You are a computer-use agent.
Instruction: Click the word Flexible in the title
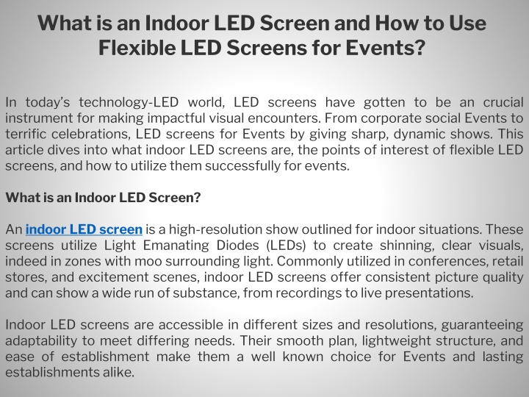click(137, 48)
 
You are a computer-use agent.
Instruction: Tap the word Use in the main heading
click(467, 23)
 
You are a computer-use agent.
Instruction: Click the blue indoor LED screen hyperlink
click(84, 229)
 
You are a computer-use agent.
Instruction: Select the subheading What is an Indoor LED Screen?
click(103, 198)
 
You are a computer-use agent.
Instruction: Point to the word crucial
click(503, 102)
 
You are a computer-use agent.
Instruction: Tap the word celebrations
click(91, 134)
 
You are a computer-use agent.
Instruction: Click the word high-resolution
click(215, 229)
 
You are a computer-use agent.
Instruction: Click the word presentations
click(429, 293)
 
